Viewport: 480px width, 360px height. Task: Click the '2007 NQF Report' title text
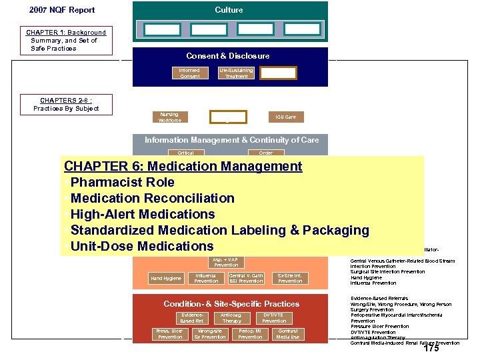pos(62,10)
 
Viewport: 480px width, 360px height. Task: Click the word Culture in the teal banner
pos(229,10)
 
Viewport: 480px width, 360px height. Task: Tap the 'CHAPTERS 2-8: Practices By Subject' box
pos(66,105)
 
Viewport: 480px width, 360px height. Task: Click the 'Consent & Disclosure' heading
pos(228,56)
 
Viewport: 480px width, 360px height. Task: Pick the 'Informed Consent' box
pos(189,73)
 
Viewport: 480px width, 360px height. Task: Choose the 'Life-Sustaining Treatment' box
pos(236,73)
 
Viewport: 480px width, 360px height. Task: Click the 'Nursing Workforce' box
pos(169,117)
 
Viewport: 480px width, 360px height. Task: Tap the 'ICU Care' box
pos(285,117)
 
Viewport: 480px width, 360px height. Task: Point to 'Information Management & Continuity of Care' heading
pos(231,140)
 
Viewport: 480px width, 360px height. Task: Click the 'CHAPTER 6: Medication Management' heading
pos(183,166)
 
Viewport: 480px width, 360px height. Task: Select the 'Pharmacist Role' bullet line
pos(122,182)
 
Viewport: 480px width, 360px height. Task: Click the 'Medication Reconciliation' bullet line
pos(152,198)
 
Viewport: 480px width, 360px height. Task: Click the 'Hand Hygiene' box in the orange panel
pos(166,278)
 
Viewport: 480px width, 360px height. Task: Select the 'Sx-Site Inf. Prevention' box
pos(289,278)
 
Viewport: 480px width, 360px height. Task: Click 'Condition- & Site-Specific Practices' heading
pos(231,304)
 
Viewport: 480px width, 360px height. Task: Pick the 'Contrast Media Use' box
pos(288,334)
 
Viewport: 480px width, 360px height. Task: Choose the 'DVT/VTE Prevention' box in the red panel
pos(274,318)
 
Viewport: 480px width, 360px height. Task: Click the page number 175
pos(431,348)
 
